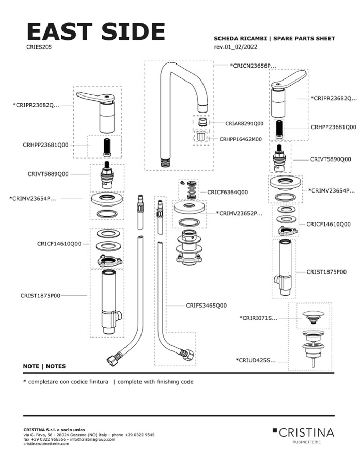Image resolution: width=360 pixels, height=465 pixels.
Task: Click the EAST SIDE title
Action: click(x=96, y=32)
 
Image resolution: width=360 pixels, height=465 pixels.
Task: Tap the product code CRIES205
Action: click(x=39, y=46)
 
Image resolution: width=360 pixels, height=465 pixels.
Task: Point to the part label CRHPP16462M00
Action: click(x=240, y=139)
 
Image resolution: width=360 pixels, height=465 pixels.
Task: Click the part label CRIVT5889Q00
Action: click(x=48, y=174)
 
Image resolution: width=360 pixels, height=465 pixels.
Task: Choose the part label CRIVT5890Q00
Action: click(x=330, y=159)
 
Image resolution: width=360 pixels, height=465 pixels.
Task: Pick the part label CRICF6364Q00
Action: click(x=228, y=192)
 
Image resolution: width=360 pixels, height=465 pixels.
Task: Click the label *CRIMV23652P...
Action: click(x=239, y=213)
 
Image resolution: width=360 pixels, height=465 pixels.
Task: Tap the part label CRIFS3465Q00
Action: click(x=206, y=306)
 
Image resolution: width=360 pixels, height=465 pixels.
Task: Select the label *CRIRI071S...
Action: click(x=258, y=318)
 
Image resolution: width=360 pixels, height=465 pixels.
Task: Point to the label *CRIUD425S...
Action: click(x=256, y=360)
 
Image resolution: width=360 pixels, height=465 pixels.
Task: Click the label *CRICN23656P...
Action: click(x=253, y=66)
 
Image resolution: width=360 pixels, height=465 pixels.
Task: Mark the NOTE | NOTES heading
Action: click(x=44, y=366)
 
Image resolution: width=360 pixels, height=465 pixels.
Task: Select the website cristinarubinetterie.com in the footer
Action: click(x=46, y=444)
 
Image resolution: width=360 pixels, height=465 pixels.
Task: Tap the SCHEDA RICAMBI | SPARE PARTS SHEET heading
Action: click(x=274, y=39)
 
